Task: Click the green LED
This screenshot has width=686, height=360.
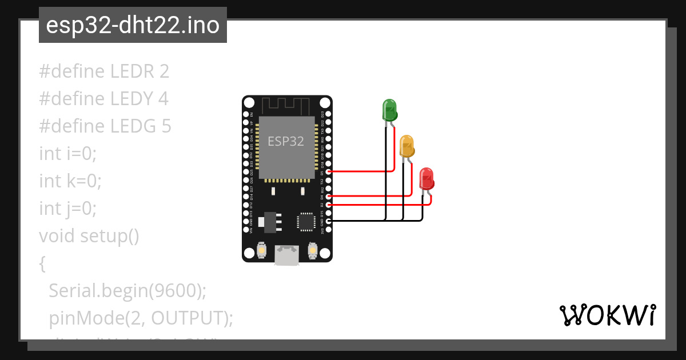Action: [389, 109]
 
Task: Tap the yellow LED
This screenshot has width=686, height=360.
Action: [406, 146]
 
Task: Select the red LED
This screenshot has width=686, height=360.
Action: [426, 179]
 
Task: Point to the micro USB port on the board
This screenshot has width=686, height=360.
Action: [286, 254]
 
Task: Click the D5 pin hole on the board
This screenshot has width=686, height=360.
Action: [328, 171]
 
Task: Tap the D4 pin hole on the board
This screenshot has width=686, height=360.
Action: [328, 196]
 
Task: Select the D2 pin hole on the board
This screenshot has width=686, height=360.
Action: [328, 204]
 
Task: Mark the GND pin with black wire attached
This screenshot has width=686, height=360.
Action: [328, 220]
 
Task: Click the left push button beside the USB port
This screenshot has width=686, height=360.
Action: [261, 250]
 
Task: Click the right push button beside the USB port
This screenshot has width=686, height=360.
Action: [312, 250]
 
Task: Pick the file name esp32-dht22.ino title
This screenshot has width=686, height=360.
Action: [133, 26]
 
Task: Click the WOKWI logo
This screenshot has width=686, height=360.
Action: [607, 315]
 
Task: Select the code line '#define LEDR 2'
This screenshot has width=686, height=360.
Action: [104, 71]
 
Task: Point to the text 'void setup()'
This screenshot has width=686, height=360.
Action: [89, 235]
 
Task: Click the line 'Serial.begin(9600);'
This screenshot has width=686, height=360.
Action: [127, 290]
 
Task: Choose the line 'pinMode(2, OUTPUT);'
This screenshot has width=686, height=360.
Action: [141, 318]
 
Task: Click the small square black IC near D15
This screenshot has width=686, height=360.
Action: [306, 222]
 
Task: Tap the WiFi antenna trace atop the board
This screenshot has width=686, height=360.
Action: [286, 105]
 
